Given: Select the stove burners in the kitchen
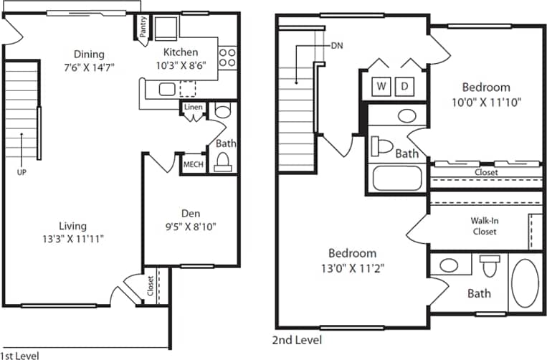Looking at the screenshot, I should coord(227,57).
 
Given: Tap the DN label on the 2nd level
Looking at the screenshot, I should coord(336,45).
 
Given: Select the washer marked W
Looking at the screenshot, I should coord(381,87).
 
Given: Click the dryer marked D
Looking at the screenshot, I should coord(404,87).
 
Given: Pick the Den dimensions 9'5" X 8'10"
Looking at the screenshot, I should coord(190,227).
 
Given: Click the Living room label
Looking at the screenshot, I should coord(73,226).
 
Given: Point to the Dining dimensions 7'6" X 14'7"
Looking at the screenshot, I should coord(88,67).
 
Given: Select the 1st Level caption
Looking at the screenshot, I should coord(19,355).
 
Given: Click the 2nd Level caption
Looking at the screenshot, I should coord(297,340).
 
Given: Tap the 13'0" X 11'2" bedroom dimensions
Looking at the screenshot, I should coord(352,267).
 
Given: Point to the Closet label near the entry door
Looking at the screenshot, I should coord(150,285).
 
